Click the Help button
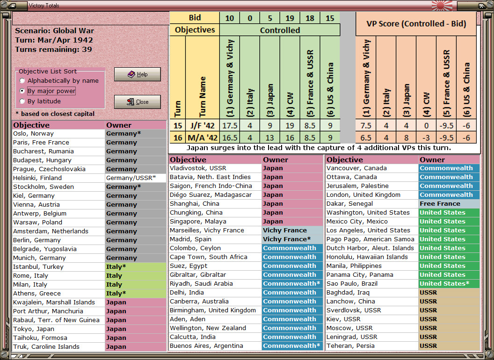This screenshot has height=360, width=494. point(138,74)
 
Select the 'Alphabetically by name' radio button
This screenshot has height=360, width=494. point(22,80)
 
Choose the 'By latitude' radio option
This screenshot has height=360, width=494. point(22,101)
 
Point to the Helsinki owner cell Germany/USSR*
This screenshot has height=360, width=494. point(136,178)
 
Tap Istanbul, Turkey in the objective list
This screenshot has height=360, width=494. point(38,267)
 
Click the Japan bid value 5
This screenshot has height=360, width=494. point(269,18)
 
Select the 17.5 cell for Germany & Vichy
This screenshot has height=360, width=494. point(230,126)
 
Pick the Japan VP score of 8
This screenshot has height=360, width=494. point(406,137)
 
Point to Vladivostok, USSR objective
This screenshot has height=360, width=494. point(198,168)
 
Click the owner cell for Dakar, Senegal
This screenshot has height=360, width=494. point(449,204)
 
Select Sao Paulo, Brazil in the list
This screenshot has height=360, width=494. point(352,283)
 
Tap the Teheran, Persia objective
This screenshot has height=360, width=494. point(350,346)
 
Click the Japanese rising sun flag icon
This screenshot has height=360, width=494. point(442,5)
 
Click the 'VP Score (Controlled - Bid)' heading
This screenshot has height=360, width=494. point(416,24)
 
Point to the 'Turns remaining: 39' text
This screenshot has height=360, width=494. point(53,50)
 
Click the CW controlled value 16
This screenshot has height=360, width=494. point(290,137)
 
